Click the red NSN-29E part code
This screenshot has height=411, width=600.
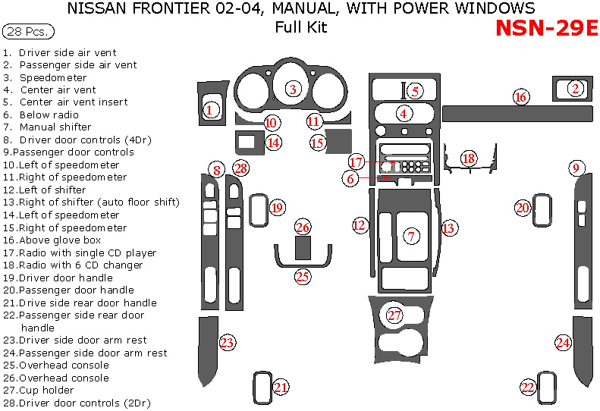(546, 28)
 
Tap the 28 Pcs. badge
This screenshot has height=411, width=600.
(29, 32)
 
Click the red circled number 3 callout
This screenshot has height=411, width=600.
(293, 89)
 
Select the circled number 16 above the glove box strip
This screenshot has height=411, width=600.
(520, 97)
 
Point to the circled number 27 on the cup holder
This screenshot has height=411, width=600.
(394, 315)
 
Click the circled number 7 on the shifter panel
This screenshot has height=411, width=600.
(411, 236)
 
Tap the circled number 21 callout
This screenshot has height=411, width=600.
(281, 387)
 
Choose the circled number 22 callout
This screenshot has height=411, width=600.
(528, 387)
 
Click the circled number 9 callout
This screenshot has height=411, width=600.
(576, 168)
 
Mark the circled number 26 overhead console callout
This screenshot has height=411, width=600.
(303, 227)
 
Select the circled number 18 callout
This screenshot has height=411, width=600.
(469, 158)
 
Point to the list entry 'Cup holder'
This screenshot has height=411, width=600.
(46, 391)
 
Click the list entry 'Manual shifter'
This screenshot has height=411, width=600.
(55, 127)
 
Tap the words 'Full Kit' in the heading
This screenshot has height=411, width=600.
(301, 28)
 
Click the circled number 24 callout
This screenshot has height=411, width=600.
(563, 343)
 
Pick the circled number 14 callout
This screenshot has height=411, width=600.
(273, 142)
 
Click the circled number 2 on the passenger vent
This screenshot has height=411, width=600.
(576, 89)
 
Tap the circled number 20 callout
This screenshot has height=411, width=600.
(523, 208)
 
